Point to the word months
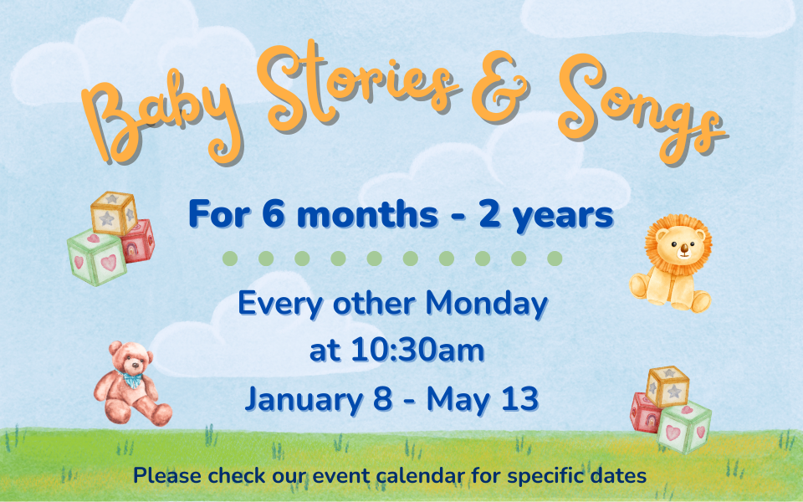pyautogui.click(x=368, y=214)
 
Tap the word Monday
pyautogui.click(x=487, y=305)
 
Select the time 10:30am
pyautogui.click(x=417, y=351)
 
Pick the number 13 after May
pyautogui.click(x=520, y=398)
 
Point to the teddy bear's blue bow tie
pyautogui.click(x=132, y=380)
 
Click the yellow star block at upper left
pyautogui.click(x=114, y=213)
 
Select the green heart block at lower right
pyautogui.click(x=684, y=428)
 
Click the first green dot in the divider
pyautogui.click(x=230, y=259)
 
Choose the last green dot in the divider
pyautogui.click(x=555, y=259)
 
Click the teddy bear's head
pyautogui.click(x=131, y=357)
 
